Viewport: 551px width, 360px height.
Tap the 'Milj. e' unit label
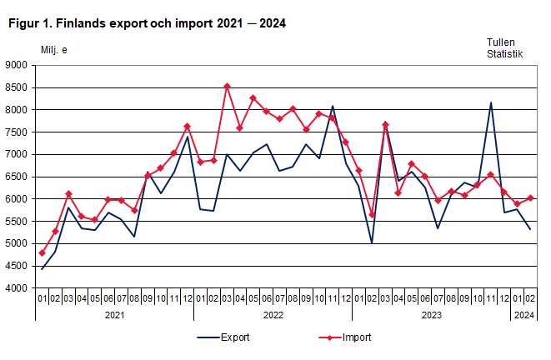tap(54, 50)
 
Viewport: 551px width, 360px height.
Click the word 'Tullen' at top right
tap(502, 42)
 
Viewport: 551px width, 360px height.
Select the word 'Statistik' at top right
tap(505, 54)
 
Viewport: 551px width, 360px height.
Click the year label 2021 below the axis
tap(114, 315)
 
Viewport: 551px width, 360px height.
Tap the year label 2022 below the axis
tap(273, 315)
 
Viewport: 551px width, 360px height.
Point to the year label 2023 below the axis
tap(431, 315)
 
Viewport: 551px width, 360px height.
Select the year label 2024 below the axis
tap(523, 315)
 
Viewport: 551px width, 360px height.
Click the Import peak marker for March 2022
tap(227, 86)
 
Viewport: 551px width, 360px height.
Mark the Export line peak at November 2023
tap(490, 102)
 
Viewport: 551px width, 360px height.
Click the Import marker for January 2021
tap(42, 252)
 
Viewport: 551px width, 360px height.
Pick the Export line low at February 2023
tap(372, 242)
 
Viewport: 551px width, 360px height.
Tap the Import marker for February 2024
tap(530, 198)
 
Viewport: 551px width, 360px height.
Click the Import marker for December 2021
tap(187, 127)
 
